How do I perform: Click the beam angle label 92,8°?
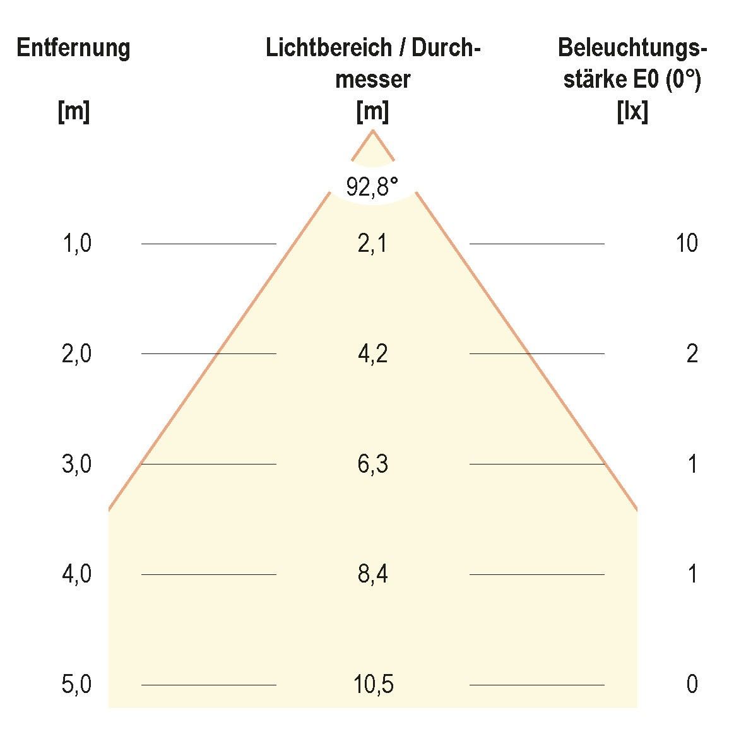click(x=372, y=187)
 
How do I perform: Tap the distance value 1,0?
click(x=77, y=244)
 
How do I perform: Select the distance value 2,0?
click(x=77, y=354)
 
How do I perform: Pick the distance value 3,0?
click(x=77, y=465)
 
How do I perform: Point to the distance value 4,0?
click(x=77, y=574)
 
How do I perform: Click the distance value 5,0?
click(x=77, y=685)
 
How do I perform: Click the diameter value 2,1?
click(x=372, y=244)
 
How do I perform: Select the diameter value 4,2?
click(x=372, y=354)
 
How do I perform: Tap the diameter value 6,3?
click(x=372, y=465)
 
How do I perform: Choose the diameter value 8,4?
click(x=372, y=574)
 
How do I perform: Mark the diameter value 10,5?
click(x=374, y=685)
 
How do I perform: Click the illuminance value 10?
click(x=687, y=244)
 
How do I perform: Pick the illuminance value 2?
click(x=692, y=354)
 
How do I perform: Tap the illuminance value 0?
click(x=692, y=685)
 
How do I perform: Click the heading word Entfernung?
click(x=73, y=49)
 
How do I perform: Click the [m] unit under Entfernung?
click(x=73, y=112)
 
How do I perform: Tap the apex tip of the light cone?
click(x=372, y=131)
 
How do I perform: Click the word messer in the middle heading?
click(x=372, y=80)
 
